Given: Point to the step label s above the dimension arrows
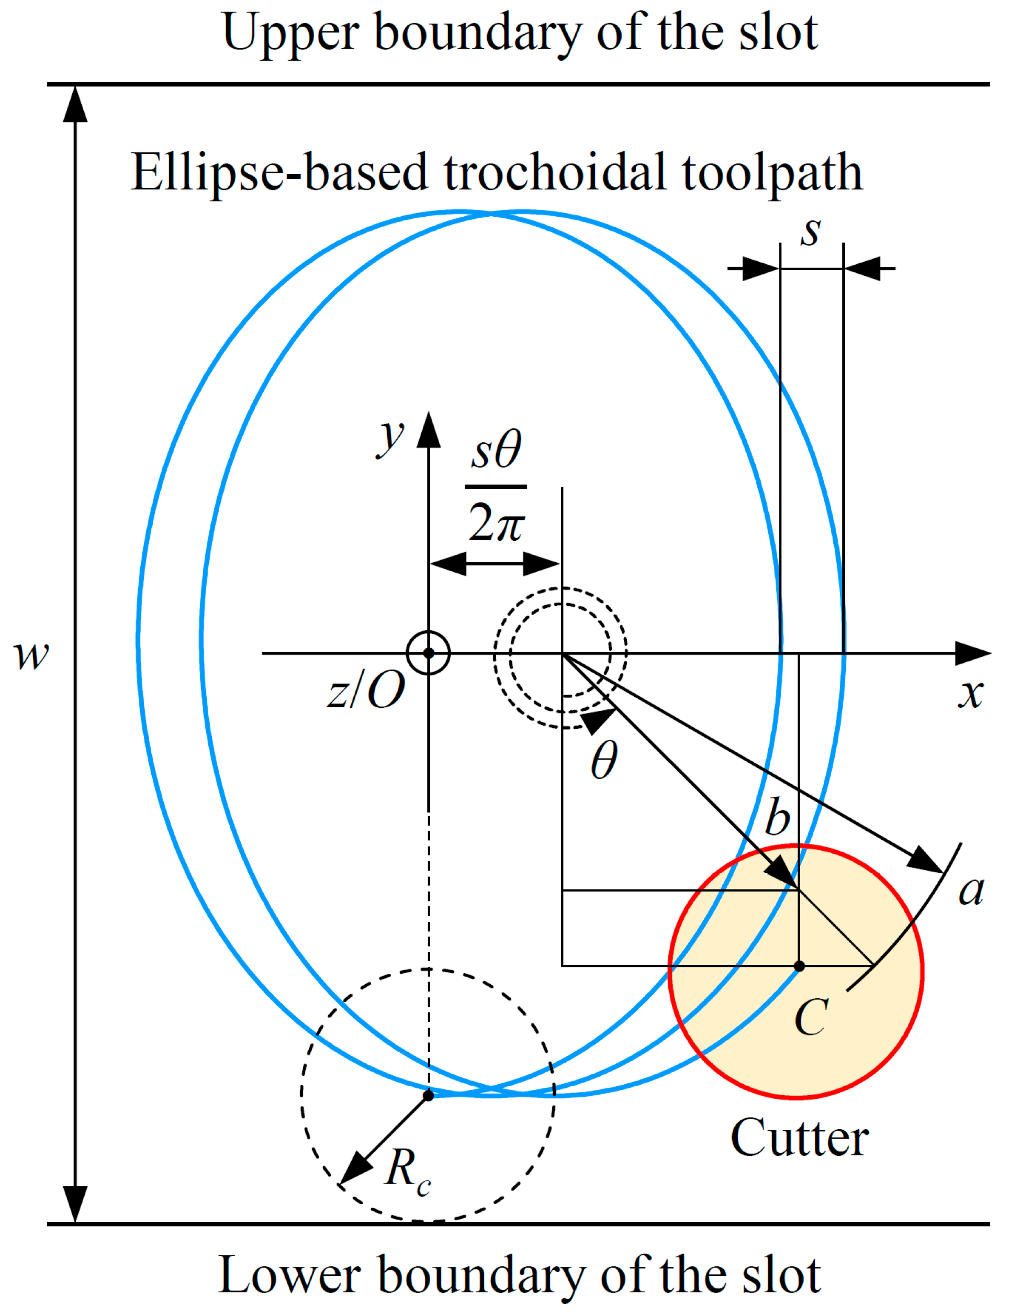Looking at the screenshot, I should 810,231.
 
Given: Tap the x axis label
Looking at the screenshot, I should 970,694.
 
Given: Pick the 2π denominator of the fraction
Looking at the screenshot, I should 496,522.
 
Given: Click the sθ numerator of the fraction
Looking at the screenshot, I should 496,451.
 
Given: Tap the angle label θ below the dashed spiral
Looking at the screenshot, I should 603,760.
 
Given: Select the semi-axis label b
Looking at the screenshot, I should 777,817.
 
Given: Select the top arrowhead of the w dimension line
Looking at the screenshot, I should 75,105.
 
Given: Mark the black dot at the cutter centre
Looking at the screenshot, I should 799,966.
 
